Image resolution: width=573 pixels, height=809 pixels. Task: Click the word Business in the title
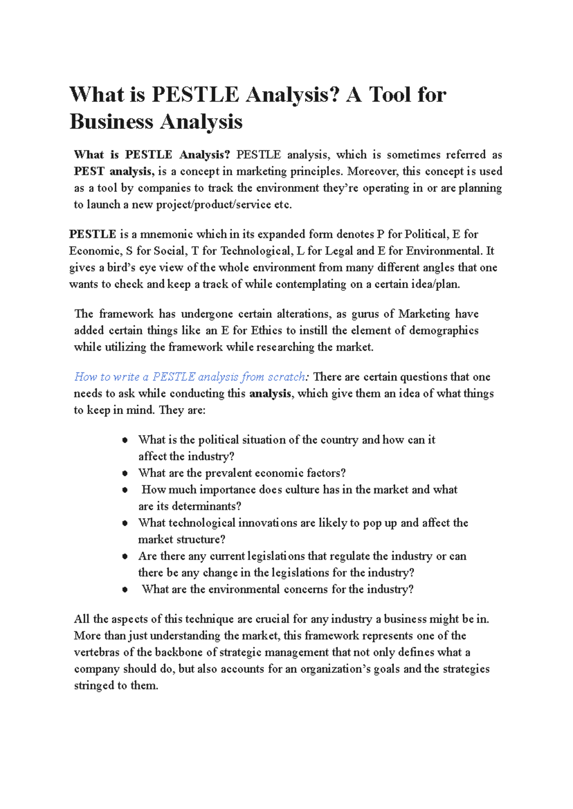coord(111,122)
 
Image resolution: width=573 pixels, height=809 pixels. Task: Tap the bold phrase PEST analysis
coord(113,171)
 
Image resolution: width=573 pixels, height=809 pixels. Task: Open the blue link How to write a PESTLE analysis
coord(190,377)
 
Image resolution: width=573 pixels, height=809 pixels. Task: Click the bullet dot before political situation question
coord(125,440)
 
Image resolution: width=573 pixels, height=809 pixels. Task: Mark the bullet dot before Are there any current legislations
coord(125,556)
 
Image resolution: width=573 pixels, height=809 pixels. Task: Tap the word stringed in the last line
coord(94,686)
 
